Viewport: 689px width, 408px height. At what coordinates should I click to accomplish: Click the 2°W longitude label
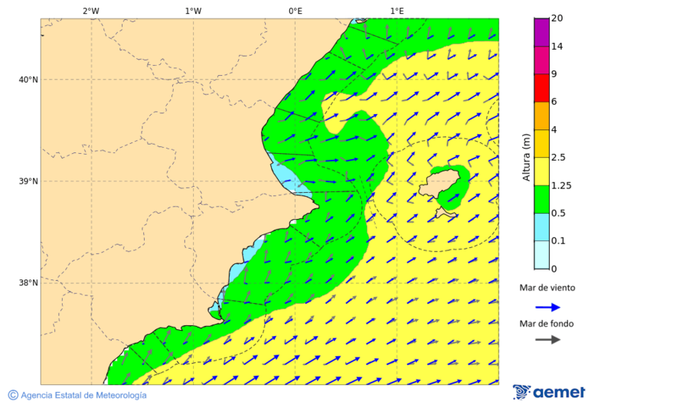coord(90,11)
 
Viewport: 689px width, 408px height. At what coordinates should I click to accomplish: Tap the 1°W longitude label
coord(193,11)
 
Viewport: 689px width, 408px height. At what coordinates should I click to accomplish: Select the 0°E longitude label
coord(295,11)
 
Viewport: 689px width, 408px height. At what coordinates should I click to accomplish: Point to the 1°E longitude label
coord(397,11)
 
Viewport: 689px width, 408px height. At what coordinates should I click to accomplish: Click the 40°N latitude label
coord(28,80)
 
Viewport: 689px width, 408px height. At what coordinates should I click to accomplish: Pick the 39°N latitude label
coord(28,181)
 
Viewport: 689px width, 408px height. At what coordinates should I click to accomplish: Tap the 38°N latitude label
coord(28,283)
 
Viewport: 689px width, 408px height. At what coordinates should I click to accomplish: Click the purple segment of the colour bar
coord(541,32)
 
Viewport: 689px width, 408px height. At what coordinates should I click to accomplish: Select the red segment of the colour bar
coord(541,87)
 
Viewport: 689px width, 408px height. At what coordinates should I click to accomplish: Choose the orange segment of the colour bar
coord(541,116)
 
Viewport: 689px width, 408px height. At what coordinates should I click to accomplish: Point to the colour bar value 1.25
coord(562,185)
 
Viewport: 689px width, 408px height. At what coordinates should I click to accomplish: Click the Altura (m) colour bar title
coord(526,157)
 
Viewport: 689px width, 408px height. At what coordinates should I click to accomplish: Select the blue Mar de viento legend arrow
coord(547,307)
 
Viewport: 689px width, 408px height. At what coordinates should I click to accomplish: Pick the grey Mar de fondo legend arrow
coord(547,340)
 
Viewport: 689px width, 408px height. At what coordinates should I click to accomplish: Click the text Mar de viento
coord(547,289)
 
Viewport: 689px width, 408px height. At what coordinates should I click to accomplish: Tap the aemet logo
coord(549,392)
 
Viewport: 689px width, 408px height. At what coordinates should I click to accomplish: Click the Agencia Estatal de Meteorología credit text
coord(83,395)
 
